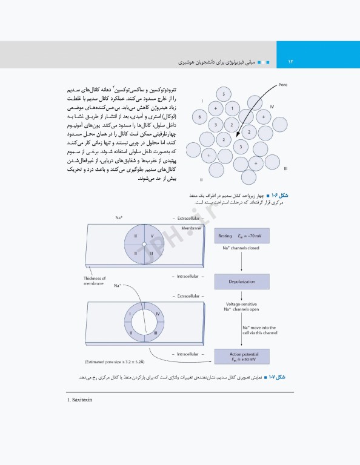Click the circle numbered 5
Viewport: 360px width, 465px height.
(223, 94)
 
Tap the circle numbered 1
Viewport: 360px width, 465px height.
(231, 109)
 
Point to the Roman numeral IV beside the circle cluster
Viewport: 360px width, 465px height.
(272, 106)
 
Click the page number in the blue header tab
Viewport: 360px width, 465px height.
(290, 62)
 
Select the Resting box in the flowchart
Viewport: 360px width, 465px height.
(241, 236)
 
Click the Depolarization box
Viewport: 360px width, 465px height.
(241, 282)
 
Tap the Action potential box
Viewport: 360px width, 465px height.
(241, 356)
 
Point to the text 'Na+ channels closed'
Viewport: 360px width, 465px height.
(241, 248)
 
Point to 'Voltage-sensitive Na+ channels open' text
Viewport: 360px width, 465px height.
(241, 306)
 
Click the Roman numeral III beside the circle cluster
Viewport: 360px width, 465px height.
(285, 168)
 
